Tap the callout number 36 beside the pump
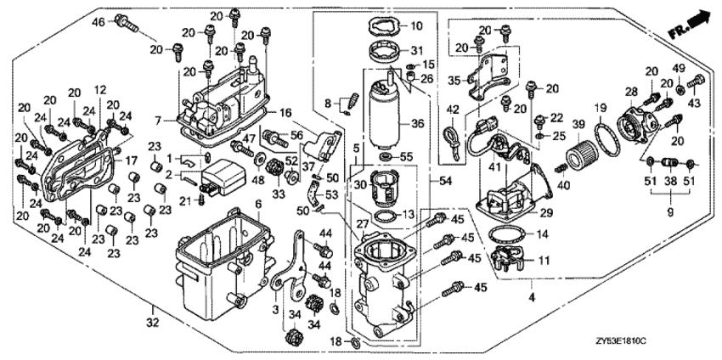[x=417, y=122]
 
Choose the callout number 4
[x=533, y=299]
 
